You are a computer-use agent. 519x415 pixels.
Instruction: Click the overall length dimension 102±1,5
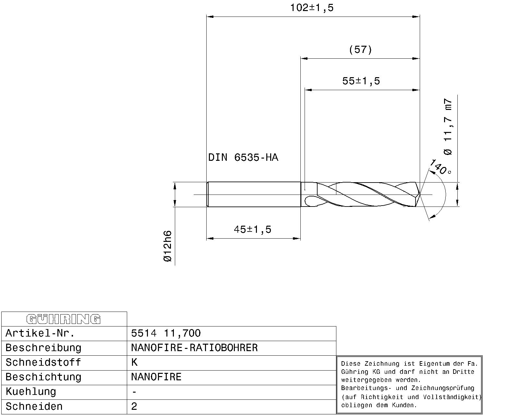pyautogui.click(x=311, y=8)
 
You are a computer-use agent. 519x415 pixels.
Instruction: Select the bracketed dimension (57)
pyautogui.click(x=360, y=50)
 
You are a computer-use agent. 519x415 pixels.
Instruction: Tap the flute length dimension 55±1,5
pyautogui.click(x=361, y=81)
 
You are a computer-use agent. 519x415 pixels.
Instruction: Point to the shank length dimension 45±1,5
pyautogui.click(x=252, y=230)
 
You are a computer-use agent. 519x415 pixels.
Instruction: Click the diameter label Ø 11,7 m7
pyautogui.click(x=448, y=126)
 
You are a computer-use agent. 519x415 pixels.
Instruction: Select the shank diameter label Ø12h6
pyautogui.click(x=167, y=246)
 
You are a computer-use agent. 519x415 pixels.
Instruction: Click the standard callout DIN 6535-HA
pyautogui.click(x=243, y=158)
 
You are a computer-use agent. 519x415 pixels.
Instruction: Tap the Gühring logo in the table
pyautogui.click(x=64, y=319)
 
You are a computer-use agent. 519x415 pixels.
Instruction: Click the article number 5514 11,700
pyautogui.click(x=166, y=333)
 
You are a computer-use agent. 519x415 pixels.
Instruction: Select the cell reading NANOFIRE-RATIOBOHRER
pyautogui.click(x=194, y=348)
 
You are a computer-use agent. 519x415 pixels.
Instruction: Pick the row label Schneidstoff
pyautogui.click(x=43, y=362)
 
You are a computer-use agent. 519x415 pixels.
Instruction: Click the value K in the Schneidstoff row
pyautogui.click(x=134, y=362)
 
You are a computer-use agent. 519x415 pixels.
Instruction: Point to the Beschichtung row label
pyautogui.click(x=43, y=377)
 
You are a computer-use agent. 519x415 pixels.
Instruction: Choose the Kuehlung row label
pyautogui.click(x=31, y=392)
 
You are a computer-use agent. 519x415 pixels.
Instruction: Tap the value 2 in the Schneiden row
pyautogui.click(x=134, y=407)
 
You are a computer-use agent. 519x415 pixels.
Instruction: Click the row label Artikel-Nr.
pyautogui.click(x=40, y=333)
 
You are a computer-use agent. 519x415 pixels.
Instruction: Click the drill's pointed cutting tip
pyautogui.click(x=419, y=195)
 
